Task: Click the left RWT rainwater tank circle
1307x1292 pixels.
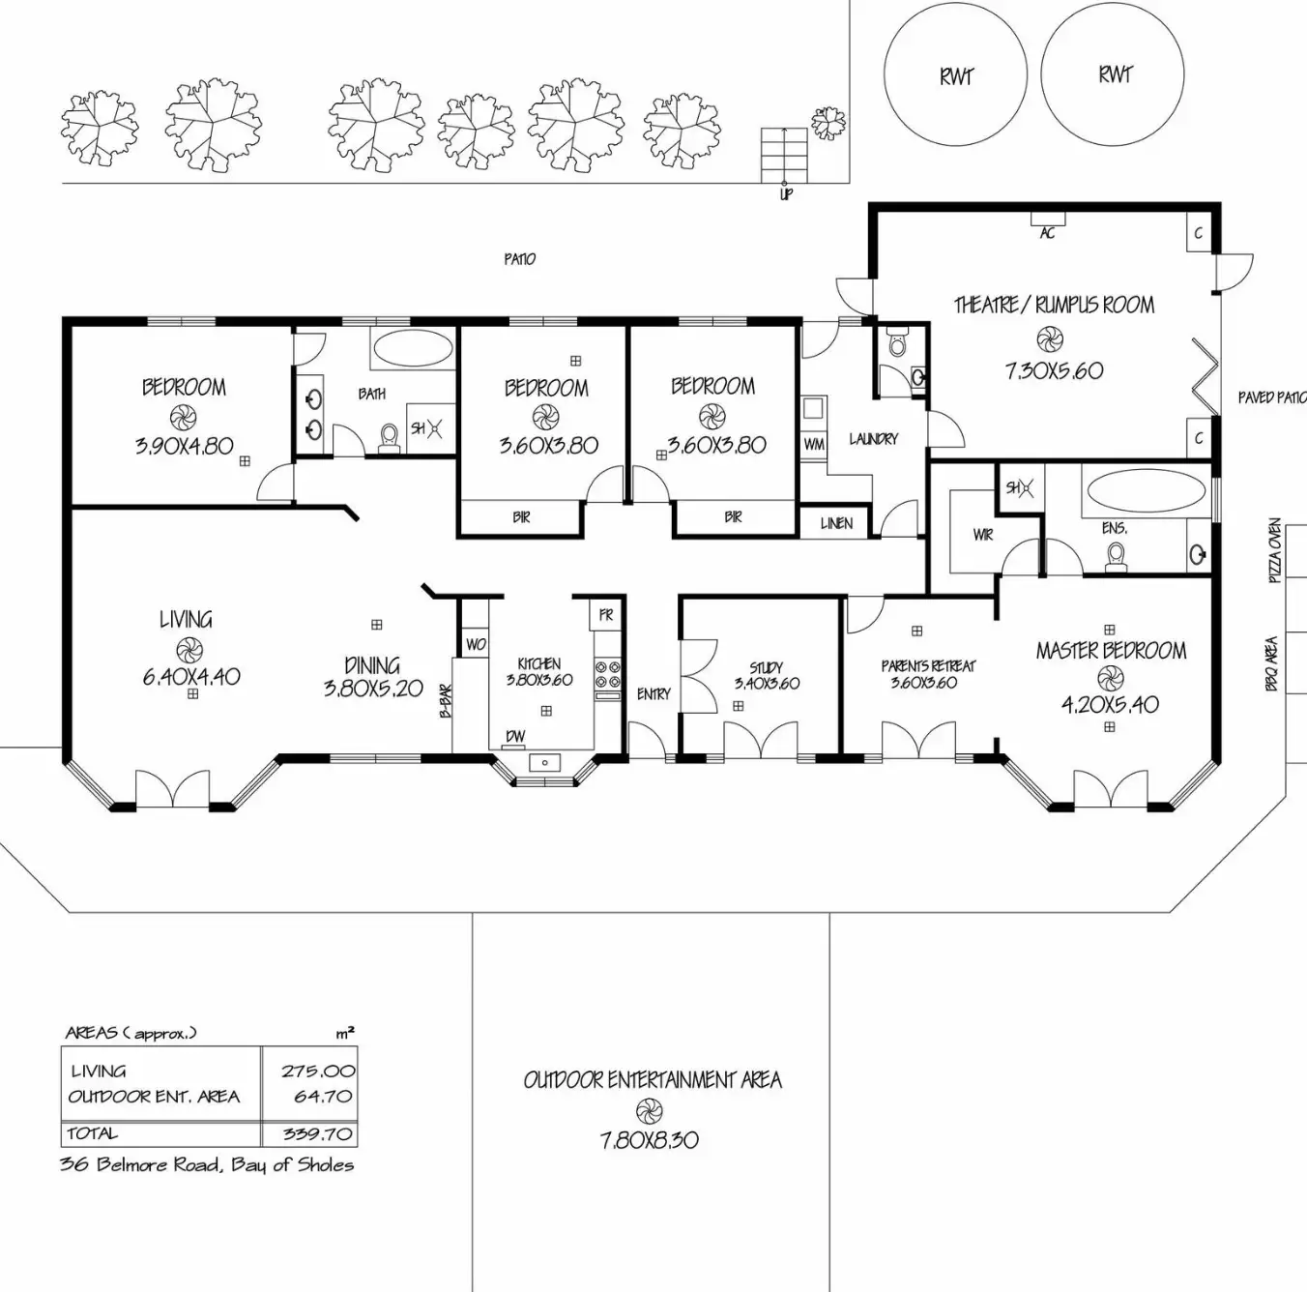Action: coord(955,74)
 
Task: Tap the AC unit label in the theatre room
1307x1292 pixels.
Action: coord(1047,233)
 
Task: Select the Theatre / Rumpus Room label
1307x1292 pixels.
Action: coord(1054,306)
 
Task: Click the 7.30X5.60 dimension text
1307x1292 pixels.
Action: coord(1054,370)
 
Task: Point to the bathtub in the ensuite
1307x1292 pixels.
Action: coord(1145,490)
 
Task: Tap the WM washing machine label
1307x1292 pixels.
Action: coord(814,445)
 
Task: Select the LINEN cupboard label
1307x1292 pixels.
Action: coord(836,523)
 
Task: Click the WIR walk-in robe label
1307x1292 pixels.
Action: coord(983,534)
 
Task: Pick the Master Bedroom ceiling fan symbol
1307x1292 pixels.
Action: coord(1110,677)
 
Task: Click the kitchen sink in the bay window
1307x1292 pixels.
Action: coord(545,763)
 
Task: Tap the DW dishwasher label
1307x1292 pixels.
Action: coord(516,737)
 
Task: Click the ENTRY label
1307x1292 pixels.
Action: coord(653,693)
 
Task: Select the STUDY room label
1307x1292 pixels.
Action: coord(766,667)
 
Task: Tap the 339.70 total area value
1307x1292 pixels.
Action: coord(318,1133)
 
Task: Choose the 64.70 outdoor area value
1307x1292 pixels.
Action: coord(323,1097)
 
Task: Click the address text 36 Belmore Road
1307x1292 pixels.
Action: coord(207,1164)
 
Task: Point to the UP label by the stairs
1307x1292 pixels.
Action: coord(786,195)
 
